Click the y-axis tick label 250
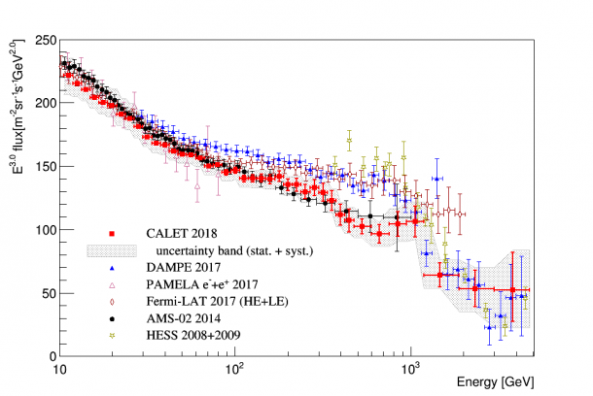pyautogui.click(x=41, y=40)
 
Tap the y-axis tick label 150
pyautogui.click(x=41, y=166)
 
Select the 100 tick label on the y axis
pyautogui.click(x=41, y=230)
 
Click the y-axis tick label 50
pyautogui.click(x=44, y=293)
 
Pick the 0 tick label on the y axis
pyautogui.click(x=48, y=356)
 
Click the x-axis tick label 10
pyautogui.click(x=59, y=370)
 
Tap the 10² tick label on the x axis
pyautogui.click(x=234, y=369)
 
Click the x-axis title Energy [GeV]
pyautogui.click(x=496, y=382)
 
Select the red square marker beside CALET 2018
pyautogui.click(x=113, y=234)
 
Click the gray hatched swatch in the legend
pyautogui.click(x=113, y=250)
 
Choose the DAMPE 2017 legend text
pyautogui.click(x=176, y=268)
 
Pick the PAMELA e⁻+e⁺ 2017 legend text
pyautogui.click(x=193, y=284)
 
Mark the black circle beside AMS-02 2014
pyautogui.click(x=113, y=318)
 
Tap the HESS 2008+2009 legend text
pyautogui.click(x=188, y=335)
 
